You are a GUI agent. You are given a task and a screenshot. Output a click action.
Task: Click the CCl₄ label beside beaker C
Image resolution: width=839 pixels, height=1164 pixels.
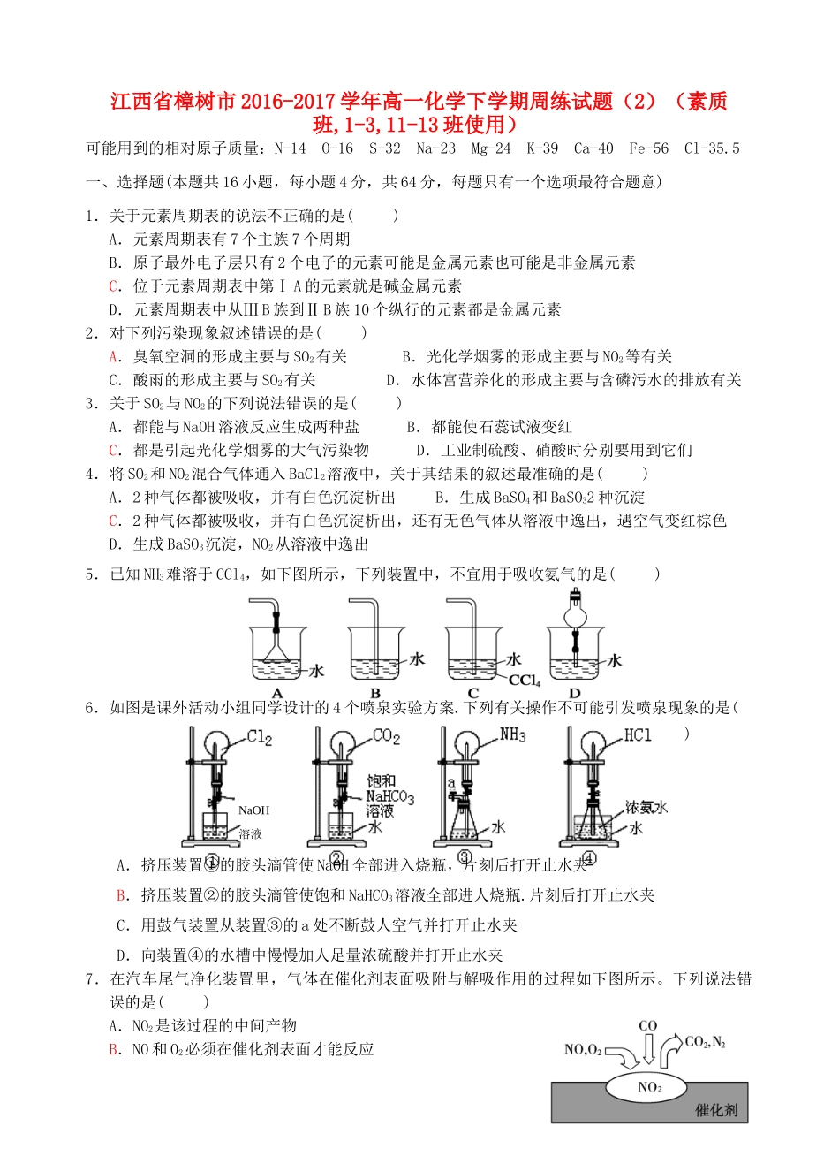(525, 681)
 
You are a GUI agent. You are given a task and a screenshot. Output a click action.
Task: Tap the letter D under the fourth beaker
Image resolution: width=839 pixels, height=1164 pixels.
(574, 694)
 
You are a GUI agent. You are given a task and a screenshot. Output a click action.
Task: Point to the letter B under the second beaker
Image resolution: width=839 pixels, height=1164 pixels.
(375, 694)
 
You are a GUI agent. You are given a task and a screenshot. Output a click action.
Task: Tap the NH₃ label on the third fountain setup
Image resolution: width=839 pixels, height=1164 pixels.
(512, 735)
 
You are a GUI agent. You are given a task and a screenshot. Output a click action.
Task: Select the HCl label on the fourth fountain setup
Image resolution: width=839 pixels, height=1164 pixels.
(638, 735)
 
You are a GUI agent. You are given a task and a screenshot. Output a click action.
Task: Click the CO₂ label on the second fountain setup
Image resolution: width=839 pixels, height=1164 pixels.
(386, 736)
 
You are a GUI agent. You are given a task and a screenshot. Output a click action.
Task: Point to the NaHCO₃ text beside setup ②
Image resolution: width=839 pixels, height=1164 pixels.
(389, 796)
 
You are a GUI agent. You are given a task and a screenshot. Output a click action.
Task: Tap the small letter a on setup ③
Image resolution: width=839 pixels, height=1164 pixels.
(451, 783)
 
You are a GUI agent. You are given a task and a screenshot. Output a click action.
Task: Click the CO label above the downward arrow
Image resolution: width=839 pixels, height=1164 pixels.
(647, 1026)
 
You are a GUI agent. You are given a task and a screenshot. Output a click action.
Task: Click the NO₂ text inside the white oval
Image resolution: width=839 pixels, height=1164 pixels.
(649, 1087)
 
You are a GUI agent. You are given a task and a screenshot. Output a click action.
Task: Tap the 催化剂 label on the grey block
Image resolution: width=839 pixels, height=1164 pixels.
(715, 1110)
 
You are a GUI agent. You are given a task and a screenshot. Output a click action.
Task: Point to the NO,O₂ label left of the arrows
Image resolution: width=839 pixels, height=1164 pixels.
(583, 1049)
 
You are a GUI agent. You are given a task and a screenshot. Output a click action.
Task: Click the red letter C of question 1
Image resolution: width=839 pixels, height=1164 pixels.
(114, 286)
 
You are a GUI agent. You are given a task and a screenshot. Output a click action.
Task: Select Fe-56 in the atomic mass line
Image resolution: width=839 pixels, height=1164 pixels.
(648, 148)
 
